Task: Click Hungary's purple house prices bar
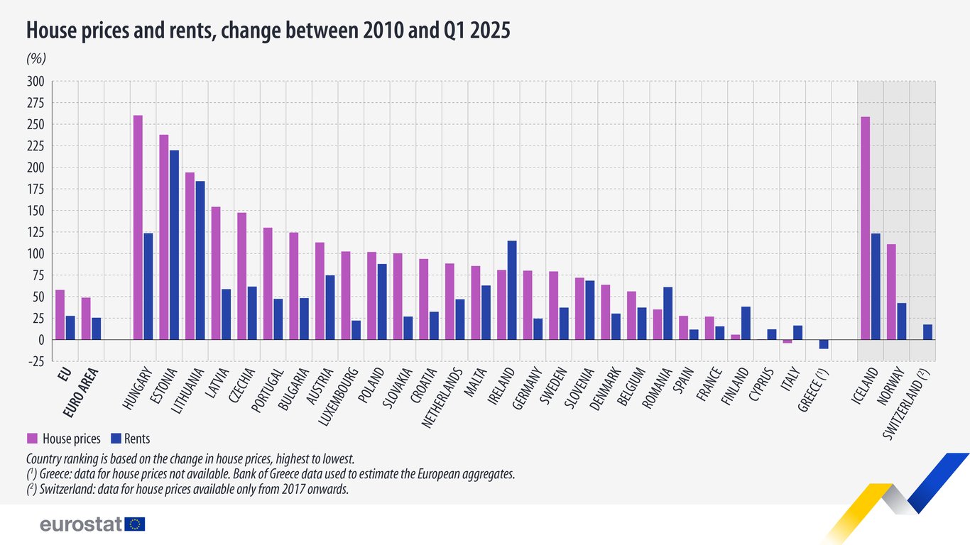(x=138, y=227)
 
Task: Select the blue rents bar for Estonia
(x=174, y=245)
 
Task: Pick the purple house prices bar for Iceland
(x=865, y=228)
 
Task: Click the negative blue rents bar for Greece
(x=824, y=344)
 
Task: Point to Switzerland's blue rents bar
(x=927, y=332)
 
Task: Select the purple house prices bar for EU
(x=60, y=315)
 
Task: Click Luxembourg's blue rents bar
(x=356, y=330)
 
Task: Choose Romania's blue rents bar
(x=667, y=313)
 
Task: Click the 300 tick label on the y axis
(x=36, y=82)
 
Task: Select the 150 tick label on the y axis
(x=36, y=211)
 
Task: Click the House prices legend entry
(x=64, y=439)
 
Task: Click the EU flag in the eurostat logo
(x=135, y=524)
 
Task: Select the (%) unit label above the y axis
(x=36, y=59)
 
